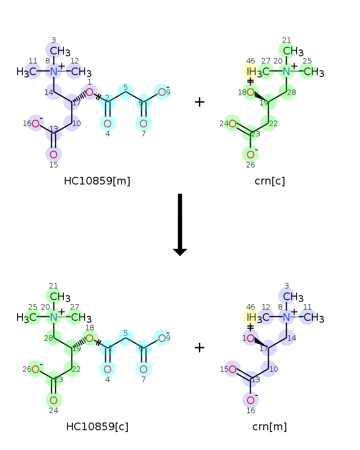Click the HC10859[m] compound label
(x=97, y=181)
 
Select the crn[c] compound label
(x=270, y=181)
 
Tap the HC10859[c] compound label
(x=97, y=427)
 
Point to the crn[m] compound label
(x=270, y=427)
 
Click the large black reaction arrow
(x=180, y=225)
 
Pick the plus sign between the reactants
(x=199, y=102)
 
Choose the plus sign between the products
(x=199, y=347)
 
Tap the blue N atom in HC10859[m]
(x=54, y=72)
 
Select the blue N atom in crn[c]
(x=287, y=72)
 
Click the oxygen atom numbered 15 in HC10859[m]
(x=54, y=155)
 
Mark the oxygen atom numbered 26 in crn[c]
(x=251, y=155)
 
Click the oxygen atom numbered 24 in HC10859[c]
(x=54, y=400)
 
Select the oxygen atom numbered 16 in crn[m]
(x=251, y=400)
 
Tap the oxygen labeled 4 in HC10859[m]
(x=108, y=124)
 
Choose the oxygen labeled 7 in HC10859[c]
(x=144, y=369)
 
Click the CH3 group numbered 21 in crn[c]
(x=293, y=51)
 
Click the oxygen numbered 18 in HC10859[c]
(x=90, y=338)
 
